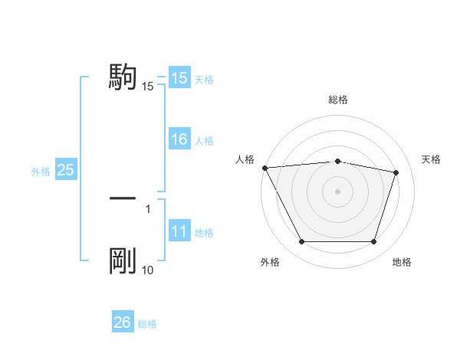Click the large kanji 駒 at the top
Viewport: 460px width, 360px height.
[123, 77]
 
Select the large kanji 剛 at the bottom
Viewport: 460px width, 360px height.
[123, 261]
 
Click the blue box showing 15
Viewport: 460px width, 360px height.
[179, 78]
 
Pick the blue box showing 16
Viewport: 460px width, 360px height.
[179, 139]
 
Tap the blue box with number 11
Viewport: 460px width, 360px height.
[179, 231]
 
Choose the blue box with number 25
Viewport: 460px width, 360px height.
[65, 170]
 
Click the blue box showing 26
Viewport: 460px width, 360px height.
[123, 322]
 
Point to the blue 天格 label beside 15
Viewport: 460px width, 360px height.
[204, 79]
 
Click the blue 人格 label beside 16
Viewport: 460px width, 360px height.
[204, 140]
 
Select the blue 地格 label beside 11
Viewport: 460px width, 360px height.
[204, 232]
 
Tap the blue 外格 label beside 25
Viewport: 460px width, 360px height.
[41, 172]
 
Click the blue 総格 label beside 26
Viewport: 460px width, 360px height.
[147, 324]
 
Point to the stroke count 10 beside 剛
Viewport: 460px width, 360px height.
[147, 270]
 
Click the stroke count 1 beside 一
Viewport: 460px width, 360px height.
[147, 208]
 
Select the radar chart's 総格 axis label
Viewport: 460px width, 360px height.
[337, 100]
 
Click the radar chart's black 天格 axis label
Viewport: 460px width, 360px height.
[432, 159]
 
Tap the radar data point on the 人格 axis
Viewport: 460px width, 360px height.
[264, 168]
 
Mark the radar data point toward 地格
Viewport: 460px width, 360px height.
[373, 242]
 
